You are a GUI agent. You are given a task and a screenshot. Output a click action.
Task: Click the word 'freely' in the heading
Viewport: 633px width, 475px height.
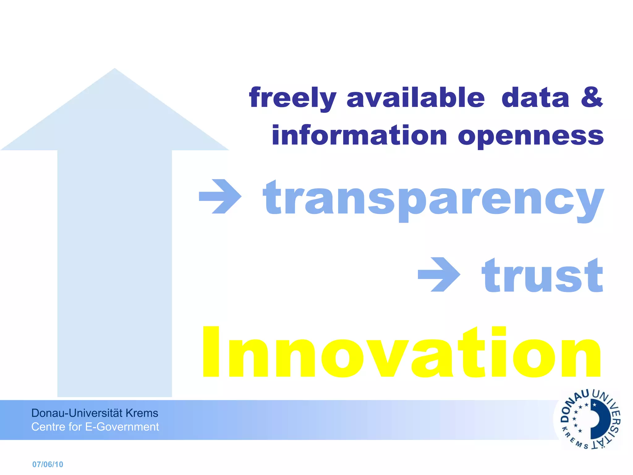click(x=292, y=98)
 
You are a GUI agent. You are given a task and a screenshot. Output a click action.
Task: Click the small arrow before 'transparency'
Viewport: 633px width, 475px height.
click(x=220, y=196)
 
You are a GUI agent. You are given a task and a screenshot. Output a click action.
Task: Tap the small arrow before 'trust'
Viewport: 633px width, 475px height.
click(x=439, y=274)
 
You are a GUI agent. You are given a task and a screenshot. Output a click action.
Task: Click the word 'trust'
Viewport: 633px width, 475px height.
click(x=542, y=275)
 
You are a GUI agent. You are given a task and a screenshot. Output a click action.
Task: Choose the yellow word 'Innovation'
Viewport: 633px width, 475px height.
click(x=402, y=353)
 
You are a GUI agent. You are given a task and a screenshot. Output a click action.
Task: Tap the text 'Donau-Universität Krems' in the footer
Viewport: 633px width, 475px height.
click(x=95, y=413)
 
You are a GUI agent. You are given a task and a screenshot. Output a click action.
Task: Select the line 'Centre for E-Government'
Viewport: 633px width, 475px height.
click(x=95, y=427)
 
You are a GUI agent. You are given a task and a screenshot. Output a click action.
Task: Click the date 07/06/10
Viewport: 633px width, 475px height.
click(x=48, y=464)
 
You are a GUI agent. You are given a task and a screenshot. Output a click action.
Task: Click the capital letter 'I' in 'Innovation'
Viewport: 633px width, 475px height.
click(x=211, y=352)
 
